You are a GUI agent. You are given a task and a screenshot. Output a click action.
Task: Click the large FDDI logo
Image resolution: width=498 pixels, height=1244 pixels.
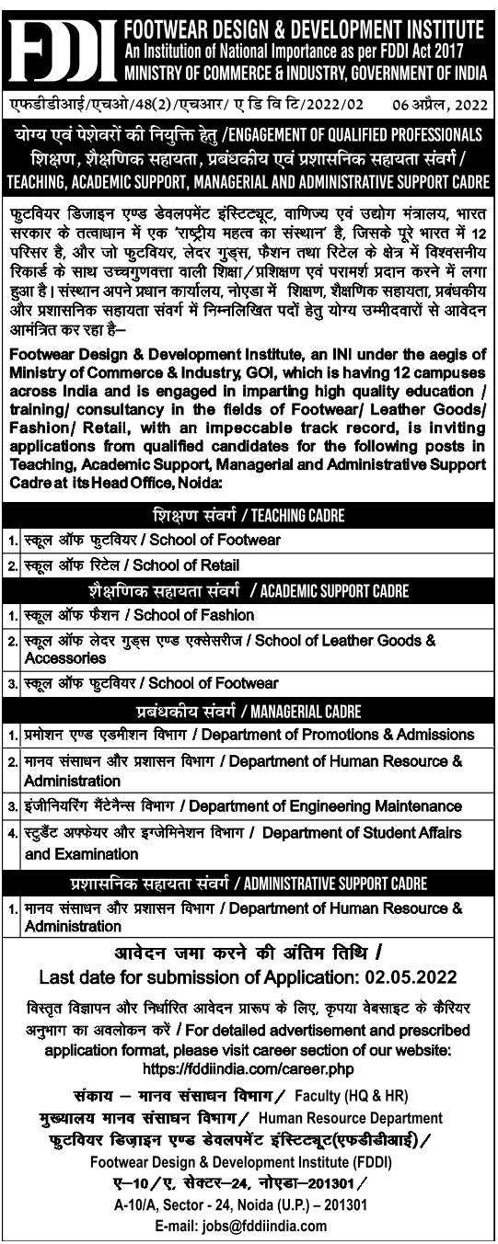coord(61,43)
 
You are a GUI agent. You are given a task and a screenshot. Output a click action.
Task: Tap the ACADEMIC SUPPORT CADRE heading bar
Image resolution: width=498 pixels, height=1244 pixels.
coord(249,590)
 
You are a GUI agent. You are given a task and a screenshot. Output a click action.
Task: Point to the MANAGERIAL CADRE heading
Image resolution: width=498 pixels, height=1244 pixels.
coord(249,712)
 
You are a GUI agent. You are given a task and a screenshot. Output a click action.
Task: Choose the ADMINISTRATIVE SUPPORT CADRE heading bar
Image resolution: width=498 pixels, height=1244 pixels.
coord(249,884)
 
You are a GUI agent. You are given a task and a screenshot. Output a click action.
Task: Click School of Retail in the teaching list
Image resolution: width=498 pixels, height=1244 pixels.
coord(193,565)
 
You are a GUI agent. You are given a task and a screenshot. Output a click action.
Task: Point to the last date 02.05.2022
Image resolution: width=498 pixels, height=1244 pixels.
coord(413,976)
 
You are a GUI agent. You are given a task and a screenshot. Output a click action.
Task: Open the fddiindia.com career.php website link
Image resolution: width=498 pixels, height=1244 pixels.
coord(249,1069)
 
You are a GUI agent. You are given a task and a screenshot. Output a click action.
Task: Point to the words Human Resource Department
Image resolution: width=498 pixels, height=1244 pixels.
coord(337,1117)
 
